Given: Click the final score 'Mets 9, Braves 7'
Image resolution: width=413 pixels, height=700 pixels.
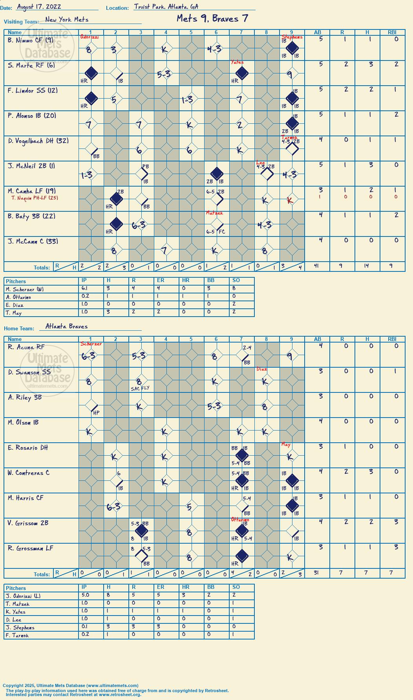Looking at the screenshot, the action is (212, 18).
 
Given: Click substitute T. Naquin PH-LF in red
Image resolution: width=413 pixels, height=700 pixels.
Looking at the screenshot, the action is (35, 198).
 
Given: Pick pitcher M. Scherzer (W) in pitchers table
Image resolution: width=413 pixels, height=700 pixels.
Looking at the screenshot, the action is (25, 290).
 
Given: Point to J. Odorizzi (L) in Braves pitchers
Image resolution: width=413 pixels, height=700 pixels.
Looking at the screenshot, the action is (23, 596).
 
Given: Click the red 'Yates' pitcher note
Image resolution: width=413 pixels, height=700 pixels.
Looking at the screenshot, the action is (237, 62).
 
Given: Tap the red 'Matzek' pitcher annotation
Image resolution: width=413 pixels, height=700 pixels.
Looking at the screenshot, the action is (214, 213).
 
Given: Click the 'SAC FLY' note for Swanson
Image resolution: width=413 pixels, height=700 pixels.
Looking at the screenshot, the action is (140, 388).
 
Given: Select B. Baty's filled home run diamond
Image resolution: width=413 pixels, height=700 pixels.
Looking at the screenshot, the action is (116, 224).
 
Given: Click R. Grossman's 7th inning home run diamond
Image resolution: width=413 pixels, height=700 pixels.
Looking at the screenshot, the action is (242, 556).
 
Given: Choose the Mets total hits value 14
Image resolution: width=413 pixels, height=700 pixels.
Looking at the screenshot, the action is (367, 266).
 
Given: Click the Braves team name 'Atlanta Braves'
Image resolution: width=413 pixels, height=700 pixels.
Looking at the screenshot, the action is (66, 326).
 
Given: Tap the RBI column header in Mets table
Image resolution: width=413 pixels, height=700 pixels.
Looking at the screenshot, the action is (392, 32).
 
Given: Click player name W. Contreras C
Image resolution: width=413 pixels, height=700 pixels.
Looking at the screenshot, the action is (29, 473).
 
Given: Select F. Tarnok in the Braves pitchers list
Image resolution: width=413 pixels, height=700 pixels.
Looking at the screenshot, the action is (17, 635).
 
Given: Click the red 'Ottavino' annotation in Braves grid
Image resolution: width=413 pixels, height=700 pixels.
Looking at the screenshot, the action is (240, 520).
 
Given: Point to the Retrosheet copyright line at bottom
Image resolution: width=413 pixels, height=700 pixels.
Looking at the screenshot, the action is (117, 691).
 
